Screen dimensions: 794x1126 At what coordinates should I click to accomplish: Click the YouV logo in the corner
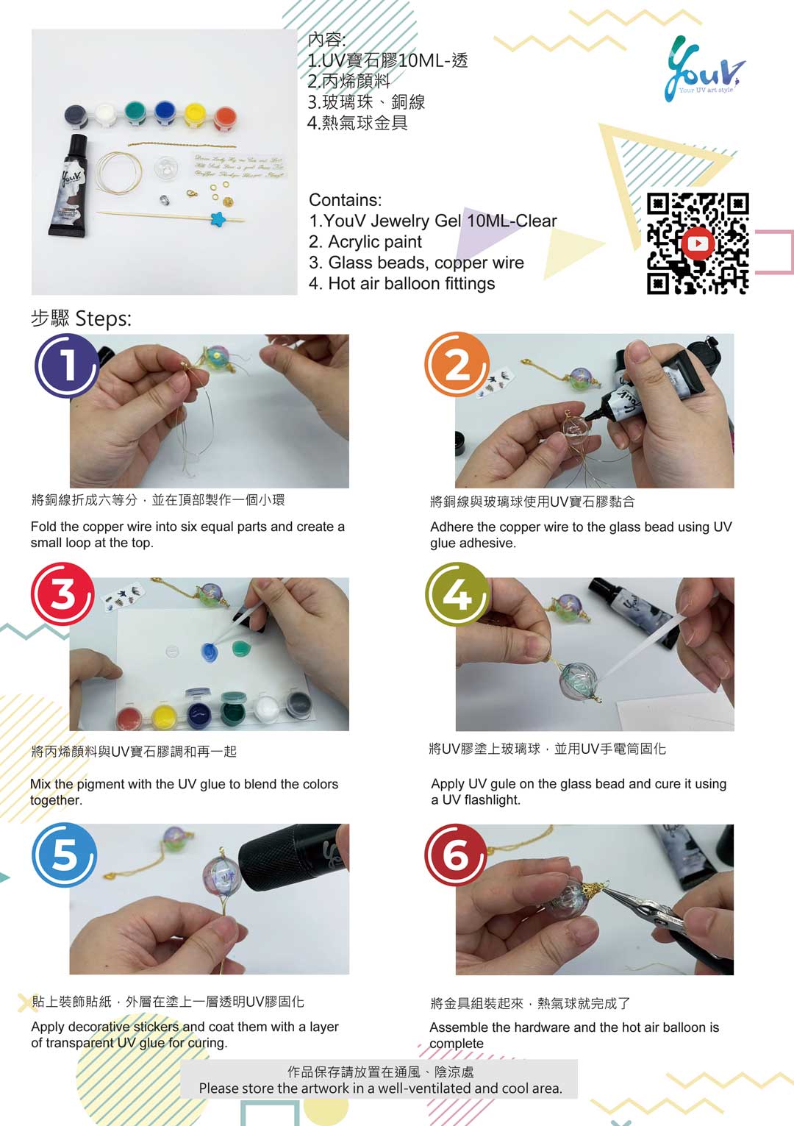(705, 68)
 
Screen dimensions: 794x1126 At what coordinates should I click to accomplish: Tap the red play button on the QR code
(698, 243)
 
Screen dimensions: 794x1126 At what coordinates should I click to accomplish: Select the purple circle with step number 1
(68, 366)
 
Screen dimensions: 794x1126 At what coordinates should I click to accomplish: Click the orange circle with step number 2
(457, 365)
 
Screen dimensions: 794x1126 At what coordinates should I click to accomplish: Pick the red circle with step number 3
(62, 594)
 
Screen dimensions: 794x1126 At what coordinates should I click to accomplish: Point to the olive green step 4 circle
(457, 594)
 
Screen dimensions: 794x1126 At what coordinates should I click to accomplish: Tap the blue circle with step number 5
(64, 855)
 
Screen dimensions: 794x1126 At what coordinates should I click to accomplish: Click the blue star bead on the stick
(218, 218)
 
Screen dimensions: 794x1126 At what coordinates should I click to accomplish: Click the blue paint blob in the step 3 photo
(210, 652)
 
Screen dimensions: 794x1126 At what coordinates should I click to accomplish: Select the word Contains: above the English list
(346, 200)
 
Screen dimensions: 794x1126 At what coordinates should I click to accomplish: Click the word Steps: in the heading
(104, 318)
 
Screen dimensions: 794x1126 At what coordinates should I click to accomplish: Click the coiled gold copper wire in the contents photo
(119, 172)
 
